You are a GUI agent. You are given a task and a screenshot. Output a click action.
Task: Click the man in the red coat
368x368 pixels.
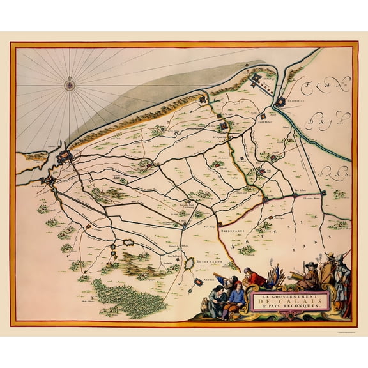255,277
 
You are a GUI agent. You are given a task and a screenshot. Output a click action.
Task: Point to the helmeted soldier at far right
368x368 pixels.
342,275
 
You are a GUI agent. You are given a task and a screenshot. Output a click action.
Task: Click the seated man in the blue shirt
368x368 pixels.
234,299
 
